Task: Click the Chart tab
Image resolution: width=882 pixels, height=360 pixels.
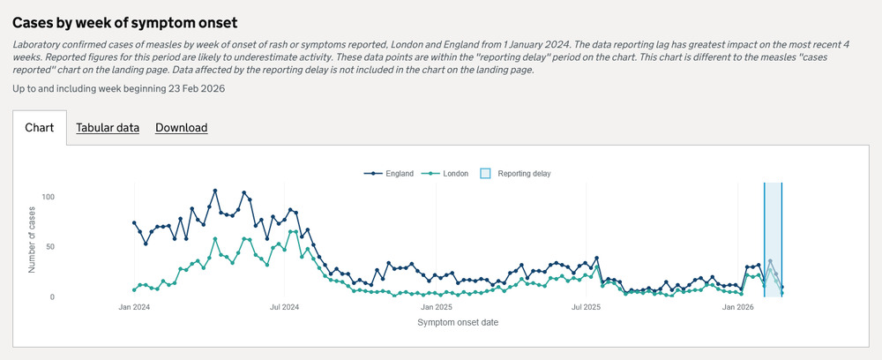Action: [x=40, y=128]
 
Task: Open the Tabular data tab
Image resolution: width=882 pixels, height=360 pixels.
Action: [x=108, y=128]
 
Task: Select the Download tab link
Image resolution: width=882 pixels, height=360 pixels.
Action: [x=181, y=128]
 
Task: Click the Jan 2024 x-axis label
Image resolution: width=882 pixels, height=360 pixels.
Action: [x=134, y=308]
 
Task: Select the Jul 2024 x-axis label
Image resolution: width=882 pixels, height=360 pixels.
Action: [x=284, y=308]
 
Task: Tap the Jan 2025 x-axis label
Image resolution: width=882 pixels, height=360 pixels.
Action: [x=436, y=308]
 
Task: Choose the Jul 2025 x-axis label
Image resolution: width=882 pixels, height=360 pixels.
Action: [x=587, y=308]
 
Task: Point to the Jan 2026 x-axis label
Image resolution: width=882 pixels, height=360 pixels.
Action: [x=738, y=308]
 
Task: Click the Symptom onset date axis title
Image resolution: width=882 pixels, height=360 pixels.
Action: [x=457, y=323]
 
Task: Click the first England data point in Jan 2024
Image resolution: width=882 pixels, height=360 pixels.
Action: [x=134, y=223]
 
